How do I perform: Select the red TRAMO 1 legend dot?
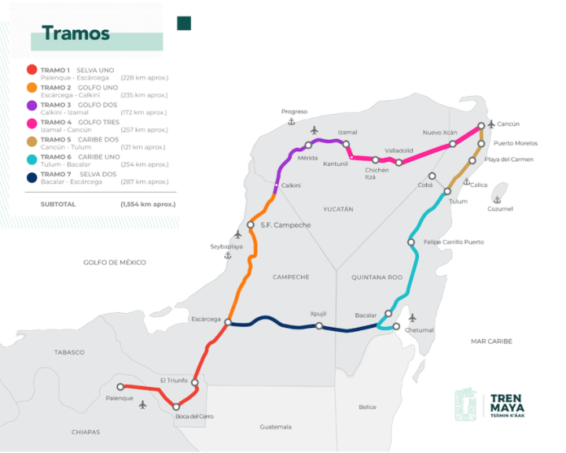(x=31, y=70)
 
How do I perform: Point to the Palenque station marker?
(x=120, y=387)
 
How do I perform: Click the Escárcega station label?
(x=205, y=319)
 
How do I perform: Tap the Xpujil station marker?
(x=319, y=326)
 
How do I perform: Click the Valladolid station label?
(x=399, y=150)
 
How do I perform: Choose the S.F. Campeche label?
(x=285, y=224)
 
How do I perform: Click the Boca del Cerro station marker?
(x=176, y=407)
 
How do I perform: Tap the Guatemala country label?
(x=275, y=427)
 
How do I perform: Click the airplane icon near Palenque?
(x=143, y=404)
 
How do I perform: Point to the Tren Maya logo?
(x=488, y=404)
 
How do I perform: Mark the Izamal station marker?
(x=346, y=144)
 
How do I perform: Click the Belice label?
(x=368, y=407)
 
